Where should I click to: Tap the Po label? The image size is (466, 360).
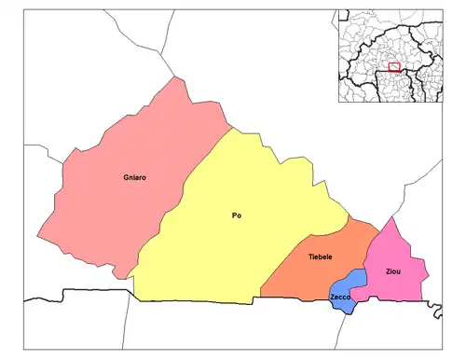tap(237, 216)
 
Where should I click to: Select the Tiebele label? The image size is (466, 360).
tap(321, 256)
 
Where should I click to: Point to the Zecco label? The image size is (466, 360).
tap(340, 297)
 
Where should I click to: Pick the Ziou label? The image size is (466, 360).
tap(394, 270)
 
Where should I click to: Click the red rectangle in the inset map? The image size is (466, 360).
tap(394, 67)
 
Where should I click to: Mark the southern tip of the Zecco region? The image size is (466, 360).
tap(347, 312)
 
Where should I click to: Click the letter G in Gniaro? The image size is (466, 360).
tap(126, 176)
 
